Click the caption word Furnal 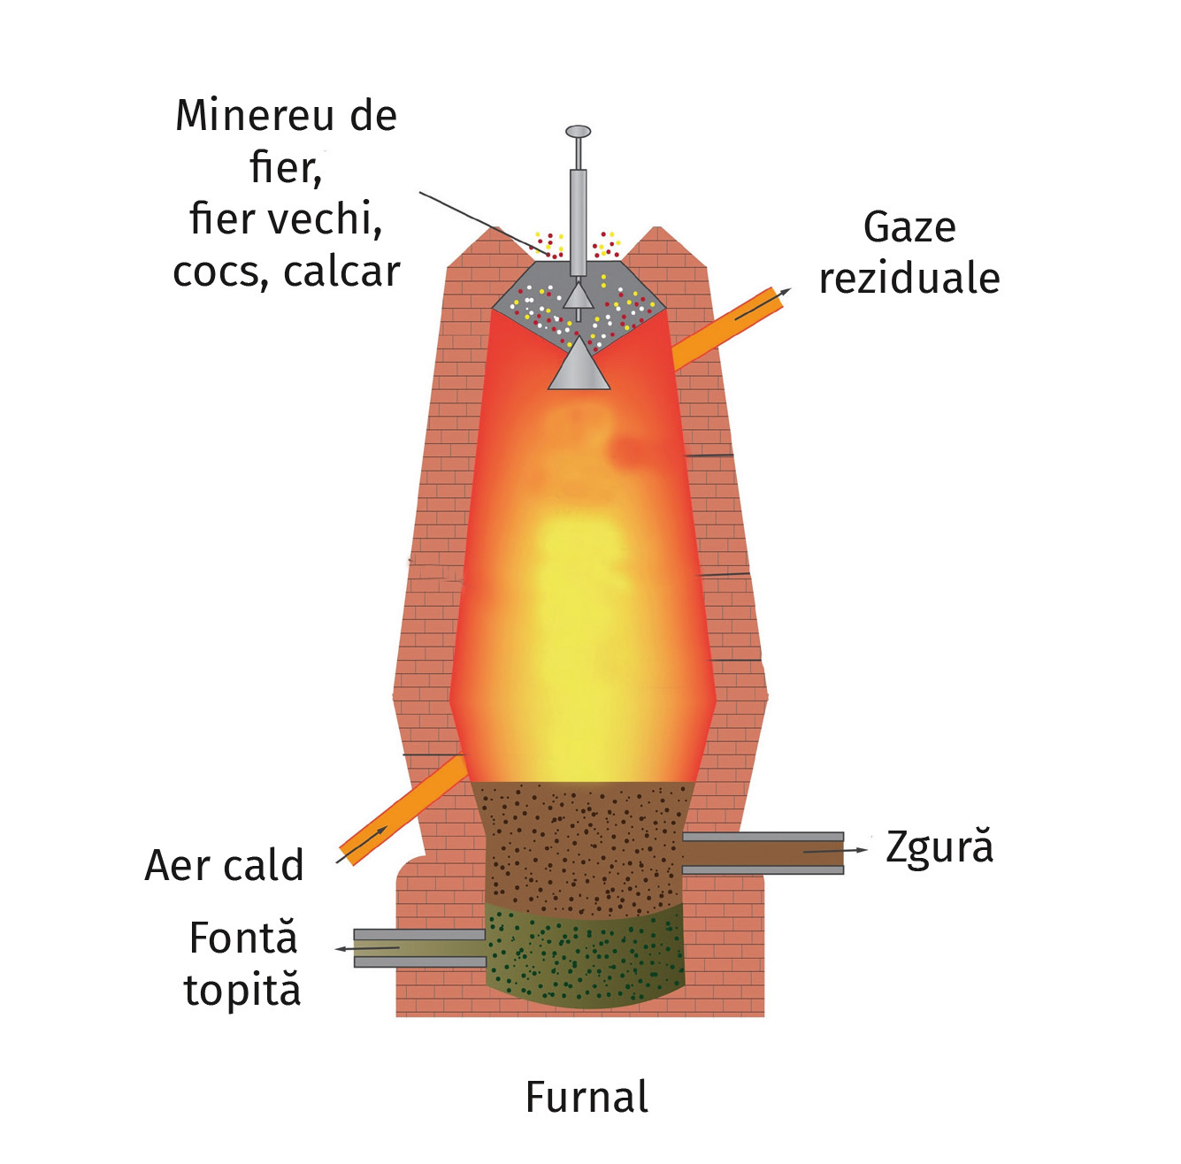(x=587, y=1098)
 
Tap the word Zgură (x=939, y=847)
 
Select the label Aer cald (x=225, y=865)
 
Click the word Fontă (x=243, y=938)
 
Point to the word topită (x=242, y=991)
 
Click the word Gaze (x=909, y=228)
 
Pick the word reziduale (x=909, y=279)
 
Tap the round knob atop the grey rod (x=578, y=133)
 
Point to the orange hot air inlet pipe (x=403, y=809)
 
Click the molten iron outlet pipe (x=419, y=948)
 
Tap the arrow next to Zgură (x=836, y=851)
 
